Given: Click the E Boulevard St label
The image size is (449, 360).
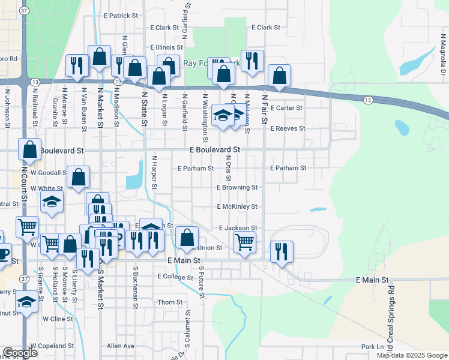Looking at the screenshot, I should (x=214, y=149).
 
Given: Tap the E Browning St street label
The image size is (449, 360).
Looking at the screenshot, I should (x=237, y=187).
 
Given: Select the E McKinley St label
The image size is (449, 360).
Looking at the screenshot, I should (x=237, y=206).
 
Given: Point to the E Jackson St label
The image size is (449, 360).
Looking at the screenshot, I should (x=238, y=228).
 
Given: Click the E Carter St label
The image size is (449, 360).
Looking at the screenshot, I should (x=286, y=108).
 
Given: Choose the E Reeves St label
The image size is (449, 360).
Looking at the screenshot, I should (x=288, y=128).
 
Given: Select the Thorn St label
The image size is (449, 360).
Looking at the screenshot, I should (x=170, y=302).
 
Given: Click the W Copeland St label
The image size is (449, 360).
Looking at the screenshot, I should (x=52, y=346).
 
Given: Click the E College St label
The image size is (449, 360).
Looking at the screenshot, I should (x=175, y=277).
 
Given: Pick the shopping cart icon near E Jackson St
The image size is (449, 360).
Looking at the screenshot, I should (x=244, y=242).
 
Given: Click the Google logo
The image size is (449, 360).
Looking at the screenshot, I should (x=20, y=353).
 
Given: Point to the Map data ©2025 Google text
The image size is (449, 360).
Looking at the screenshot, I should (x=411, y=355).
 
